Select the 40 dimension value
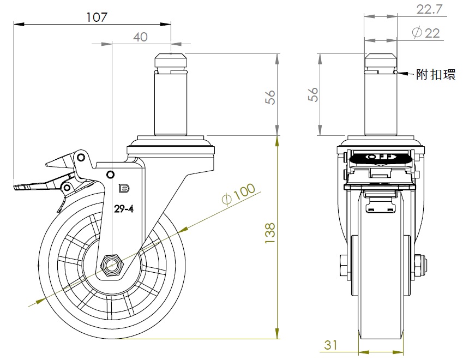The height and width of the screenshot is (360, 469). point(140,37)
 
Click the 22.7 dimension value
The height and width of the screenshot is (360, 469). point(430,9)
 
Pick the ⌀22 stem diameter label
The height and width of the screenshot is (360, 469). point(426,33)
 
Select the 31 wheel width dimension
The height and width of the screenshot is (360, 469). point(331,345)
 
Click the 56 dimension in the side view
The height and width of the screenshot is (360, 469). point(271,97)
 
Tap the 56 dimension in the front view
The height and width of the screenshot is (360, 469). point(312,94)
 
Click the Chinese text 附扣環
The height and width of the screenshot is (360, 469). point(436,75)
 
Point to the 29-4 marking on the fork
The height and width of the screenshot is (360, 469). point(123,209)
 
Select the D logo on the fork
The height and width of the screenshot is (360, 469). point(123,189)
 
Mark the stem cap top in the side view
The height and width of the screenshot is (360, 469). point(171,55)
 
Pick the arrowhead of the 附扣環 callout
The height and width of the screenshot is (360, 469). point(400,73)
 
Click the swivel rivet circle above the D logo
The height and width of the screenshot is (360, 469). point(111,174)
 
